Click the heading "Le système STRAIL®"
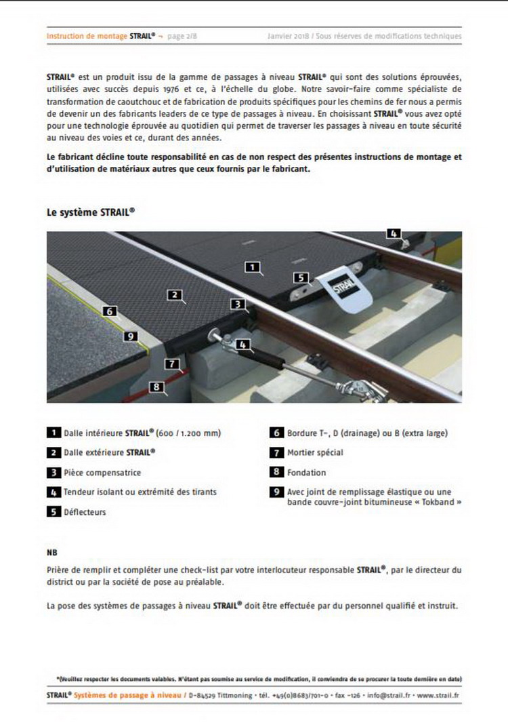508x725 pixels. coord(90,212)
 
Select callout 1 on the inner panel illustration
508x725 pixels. coord(253,267)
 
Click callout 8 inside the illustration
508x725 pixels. coord(157,387)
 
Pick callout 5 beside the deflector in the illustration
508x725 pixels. coord(301,277)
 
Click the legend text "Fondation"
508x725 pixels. coord(306,473)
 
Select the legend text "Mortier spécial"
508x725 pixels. coord(315,452)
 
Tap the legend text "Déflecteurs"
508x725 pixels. coord(85,512)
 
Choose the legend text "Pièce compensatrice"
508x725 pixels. coord(102,473)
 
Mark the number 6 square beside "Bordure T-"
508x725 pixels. coord(276,433)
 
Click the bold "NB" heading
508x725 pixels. coord(52,553)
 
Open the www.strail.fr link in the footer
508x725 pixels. coord(439,696)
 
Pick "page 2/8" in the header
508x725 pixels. coord(183,36)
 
